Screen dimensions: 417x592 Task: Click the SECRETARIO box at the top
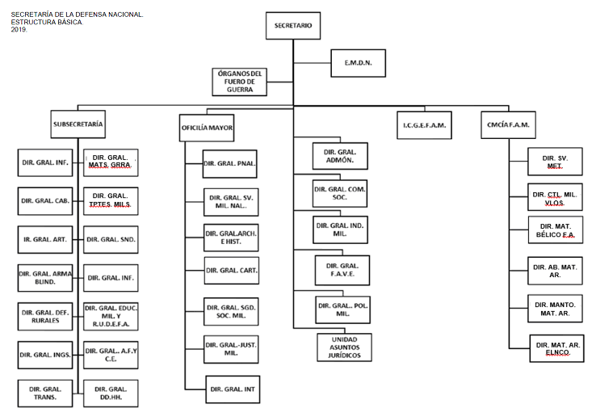(x=293, y=26)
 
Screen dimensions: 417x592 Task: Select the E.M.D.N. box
(x=358, y=63)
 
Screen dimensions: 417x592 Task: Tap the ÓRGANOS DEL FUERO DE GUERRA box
(x=240, y=82)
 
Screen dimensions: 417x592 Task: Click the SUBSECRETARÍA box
(x=78, y=124)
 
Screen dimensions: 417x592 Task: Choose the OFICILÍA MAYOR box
(x=207, y=128)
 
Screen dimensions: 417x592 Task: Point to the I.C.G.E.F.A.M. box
(x=424, y=126)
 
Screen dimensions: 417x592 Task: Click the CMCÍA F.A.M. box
(x=506, y=124)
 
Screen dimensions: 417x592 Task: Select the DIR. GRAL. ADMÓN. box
(x=339, y=156)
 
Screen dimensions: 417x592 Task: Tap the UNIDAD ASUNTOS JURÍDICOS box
(x=344, y=347)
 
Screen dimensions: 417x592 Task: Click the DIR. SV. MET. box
(x=555, y=162)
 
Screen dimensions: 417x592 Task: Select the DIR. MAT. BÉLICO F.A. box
(x=556, y=230)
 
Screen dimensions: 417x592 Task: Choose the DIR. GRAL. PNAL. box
(x=229, y=164)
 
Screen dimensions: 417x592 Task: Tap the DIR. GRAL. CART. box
(x=231, y=270)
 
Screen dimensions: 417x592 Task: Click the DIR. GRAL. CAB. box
(x=44, y=200)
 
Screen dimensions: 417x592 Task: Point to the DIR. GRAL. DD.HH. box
(x=110, y=393)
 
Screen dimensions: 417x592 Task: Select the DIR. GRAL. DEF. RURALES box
(x=44, y=316)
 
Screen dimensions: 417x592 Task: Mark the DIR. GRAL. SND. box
(x=111, y=239)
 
